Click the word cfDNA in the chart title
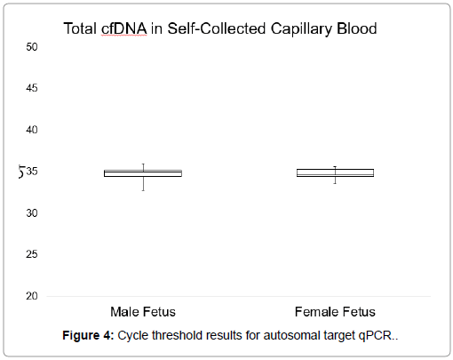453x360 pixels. point(124,28)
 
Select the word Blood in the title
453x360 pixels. point(357,28)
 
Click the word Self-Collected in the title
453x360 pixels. point(217,28)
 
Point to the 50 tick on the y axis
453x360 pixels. point(32,47)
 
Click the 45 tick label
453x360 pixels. point(32,88)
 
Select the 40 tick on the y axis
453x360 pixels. point(32,130)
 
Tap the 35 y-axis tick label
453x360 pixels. point(32,172)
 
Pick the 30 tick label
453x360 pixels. point(32,212)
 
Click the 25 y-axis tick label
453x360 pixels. point(32,254)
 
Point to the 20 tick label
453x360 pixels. point(32,296)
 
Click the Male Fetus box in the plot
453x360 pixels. point(143,173)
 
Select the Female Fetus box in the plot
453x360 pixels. point(335,172)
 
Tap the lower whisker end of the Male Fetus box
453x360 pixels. point(143,190)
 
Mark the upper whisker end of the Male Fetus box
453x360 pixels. point(143,164)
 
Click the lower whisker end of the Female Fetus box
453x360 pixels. point(335,183)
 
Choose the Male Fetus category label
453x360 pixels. point(143,312)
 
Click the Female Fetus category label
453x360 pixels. point(335,312)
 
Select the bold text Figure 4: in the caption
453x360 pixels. point(88,336)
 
